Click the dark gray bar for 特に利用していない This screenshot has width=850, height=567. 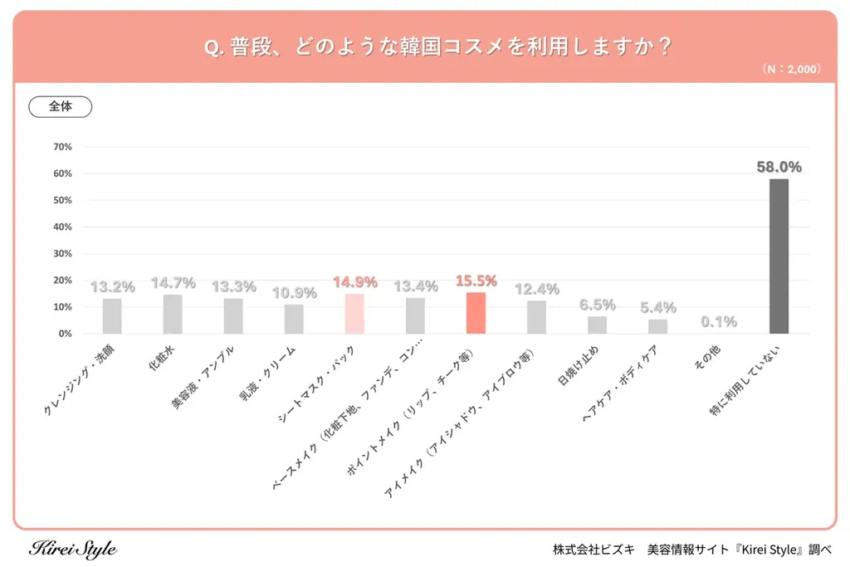coord(779,257)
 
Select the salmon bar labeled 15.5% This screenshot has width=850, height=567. coord(476,313)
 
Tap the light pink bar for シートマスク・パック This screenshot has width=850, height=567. coord(354,314)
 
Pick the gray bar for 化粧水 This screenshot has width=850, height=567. coord(173,314)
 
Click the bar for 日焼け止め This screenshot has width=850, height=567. coord(597,325)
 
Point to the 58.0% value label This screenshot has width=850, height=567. coord(779,167)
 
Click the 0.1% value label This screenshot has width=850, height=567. coord(718,321)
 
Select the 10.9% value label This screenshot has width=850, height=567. coord(294,293)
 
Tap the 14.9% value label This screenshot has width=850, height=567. coord(354,282)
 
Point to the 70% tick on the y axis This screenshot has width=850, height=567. coord(62,147)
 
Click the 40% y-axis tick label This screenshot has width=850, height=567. coord(62,227)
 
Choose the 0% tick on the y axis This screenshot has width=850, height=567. coord(65,334)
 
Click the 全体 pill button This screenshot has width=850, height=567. coord(61,107)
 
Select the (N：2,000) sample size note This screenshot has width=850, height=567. coord(791,70)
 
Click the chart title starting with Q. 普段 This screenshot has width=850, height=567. coord(425,47)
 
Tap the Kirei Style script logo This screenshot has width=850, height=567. coord(73,549)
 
